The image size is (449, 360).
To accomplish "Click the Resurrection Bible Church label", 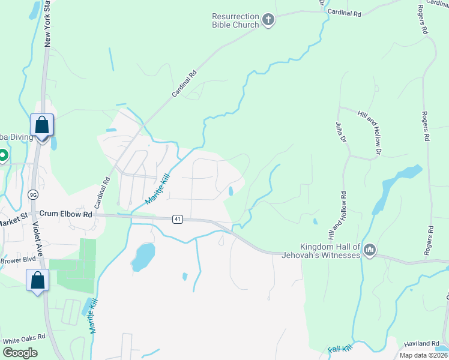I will point(235,20).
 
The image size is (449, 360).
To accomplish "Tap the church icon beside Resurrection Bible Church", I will point(268,21).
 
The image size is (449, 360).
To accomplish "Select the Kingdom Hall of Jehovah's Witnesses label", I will point(330,251).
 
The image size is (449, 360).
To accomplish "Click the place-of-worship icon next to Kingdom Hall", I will point(369,250).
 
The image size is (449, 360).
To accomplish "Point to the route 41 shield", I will point(177,219).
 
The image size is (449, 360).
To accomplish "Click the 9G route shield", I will point(33,194).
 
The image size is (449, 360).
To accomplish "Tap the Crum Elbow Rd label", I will point(66,214).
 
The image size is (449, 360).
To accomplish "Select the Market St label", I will point(13,220).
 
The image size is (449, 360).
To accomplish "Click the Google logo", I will point(20,352).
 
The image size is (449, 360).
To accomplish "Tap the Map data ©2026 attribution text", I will point(423,355).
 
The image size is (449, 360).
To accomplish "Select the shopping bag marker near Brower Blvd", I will point(37,280).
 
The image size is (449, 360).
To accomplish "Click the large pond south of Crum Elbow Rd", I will point(143,256).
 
